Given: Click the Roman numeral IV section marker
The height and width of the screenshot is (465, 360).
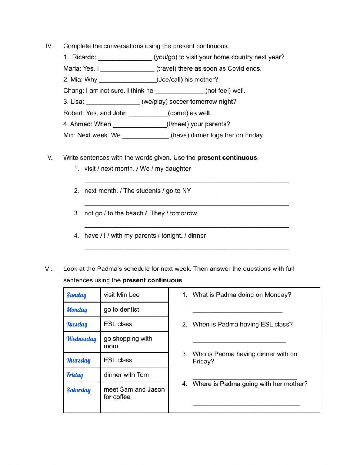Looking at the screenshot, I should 49,46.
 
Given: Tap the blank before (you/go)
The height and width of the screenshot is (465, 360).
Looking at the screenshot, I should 125,58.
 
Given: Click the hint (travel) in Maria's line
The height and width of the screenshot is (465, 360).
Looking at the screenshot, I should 167,68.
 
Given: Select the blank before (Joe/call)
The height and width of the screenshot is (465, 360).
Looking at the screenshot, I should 127,80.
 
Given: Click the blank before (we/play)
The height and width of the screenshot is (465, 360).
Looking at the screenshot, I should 113,102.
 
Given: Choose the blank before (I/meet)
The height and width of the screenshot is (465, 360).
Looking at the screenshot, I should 140,125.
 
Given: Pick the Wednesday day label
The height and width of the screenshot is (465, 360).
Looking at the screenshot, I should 81,339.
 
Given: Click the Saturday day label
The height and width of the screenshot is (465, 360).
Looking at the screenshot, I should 78,390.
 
